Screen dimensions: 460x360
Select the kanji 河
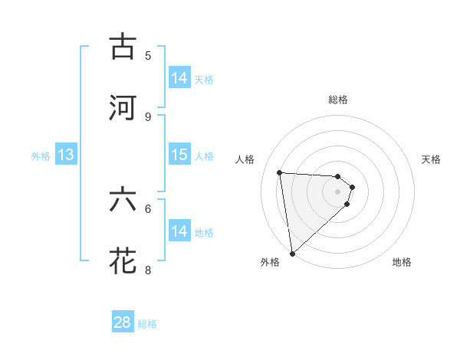coord(123,107)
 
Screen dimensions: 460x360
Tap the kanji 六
coord(123,201)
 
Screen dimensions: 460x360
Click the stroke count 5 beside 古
coord(148,55)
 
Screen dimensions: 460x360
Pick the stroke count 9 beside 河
coord(148,116)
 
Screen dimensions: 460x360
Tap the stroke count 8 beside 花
coord(148,270)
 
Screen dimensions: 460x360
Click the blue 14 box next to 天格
coord(179,77)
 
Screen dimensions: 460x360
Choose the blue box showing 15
coord(179,155)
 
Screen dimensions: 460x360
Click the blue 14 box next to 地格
coord(179,231)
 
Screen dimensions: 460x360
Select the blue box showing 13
coord(66,155)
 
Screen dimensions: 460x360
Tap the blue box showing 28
coord(123,322)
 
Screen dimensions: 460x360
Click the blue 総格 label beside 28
coord(147,324)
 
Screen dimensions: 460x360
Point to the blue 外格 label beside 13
coord(41,155)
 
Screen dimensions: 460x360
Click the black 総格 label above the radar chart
coord(338,100)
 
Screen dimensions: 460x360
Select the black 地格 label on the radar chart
coord(402,262)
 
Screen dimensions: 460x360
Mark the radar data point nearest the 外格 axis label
coord(292,253)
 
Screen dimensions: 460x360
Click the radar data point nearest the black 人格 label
coord(280,172)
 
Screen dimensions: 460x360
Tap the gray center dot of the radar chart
coord(338,192)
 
